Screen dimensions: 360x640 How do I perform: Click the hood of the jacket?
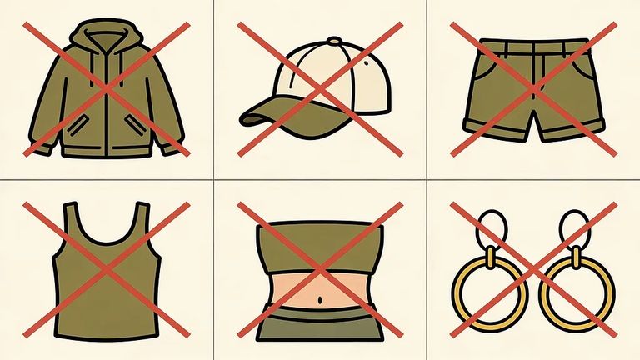coord(106,37)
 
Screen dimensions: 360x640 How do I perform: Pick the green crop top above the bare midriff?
coord(321,242)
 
